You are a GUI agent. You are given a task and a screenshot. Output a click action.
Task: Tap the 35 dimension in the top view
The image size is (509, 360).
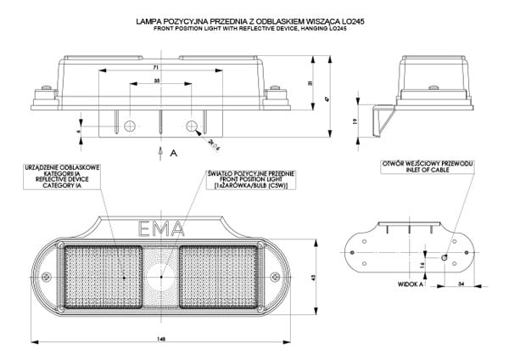coord(158,80)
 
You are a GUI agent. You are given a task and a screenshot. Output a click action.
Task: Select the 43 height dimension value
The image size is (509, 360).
coord(314,278)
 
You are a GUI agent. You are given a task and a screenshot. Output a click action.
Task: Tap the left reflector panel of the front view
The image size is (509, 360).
coord(92,276)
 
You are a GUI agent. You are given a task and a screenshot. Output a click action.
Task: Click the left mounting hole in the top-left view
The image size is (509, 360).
coord(128,126)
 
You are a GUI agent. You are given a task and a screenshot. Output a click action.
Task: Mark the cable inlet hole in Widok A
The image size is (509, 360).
coord(445,256)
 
